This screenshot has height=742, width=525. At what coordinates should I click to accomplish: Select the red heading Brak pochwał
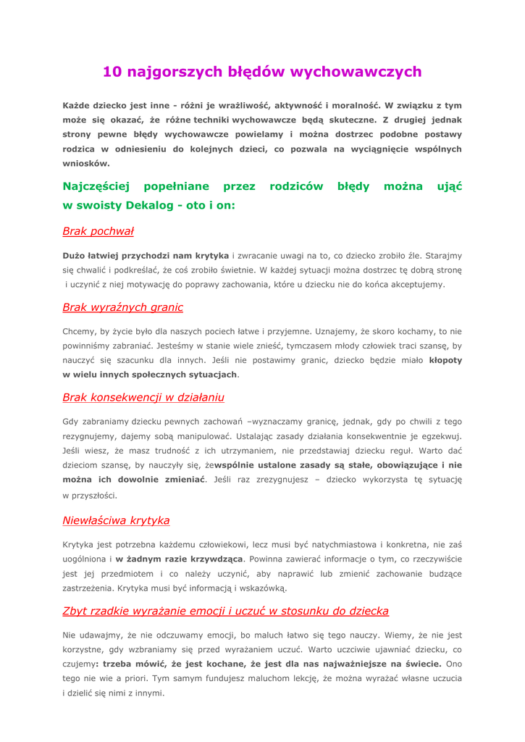98,231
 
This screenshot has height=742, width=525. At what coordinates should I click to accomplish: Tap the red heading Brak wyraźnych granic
122,307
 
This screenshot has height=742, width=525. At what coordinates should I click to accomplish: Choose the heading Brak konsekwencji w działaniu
143,397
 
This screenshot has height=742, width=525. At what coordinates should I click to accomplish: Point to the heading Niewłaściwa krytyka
116,520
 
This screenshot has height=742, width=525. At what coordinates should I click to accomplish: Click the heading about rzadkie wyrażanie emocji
225,611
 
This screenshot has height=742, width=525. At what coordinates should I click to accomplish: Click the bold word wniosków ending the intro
85,163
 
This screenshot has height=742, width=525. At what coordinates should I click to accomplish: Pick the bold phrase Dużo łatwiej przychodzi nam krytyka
146,256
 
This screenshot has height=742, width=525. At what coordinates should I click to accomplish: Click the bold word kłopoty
445,359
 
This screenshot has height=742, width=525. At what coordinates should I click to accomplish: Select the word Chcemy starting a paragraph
79,331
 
